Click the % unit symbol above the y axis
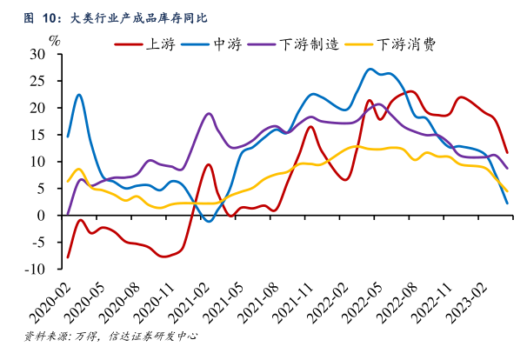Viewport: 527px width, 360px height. pyautogui.click(x=55, y=40)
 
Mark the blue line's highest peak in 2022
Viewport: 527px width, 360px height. pyautogui.click(x=371, y=69)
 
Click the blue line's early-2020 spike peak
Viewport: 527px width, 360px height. pyautogui.click(x=79, y=95)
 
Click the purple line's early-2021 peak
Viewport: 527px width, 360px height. pyautogui.click(x=209, y=113)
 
